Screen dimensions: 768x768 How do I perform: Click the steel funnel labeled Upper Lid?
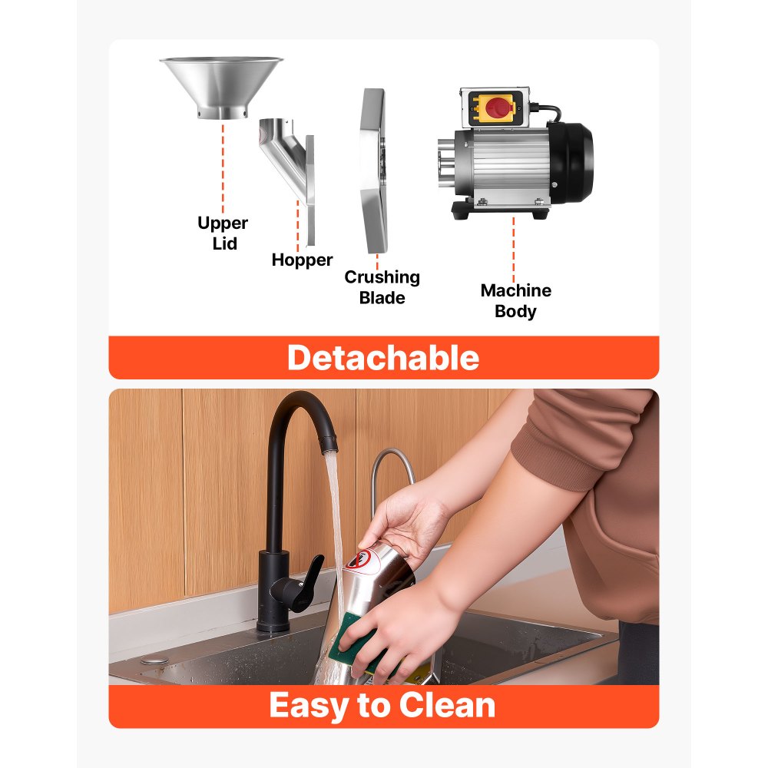221,86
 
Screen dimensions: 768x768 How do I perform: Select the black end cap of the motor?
571,163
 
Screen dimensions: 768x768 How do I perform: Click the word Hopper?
302,260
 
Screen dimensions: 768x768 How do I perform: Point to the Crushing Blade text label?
382,287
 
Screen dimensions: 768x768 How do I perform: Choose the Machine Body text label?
516,300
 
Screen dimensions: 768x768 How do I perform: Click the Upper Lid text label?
223,233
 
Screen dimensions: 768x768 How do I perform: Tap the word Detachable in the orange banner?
383,358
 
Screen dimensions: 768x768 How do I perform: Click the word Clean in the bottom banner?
447,705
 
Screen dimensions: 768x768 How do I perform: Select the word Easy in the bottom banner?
310,707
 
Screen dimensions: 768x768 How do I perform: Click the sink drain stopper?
155,660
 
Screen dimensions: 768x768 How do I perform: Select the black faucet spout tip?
329,443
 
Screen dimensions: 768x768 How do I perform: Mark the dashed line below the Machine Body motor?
513,250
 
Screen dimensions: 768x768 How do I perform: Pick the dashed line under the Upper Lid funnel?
223,168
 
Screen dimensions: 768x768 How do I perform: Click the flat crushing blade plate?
374,170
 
